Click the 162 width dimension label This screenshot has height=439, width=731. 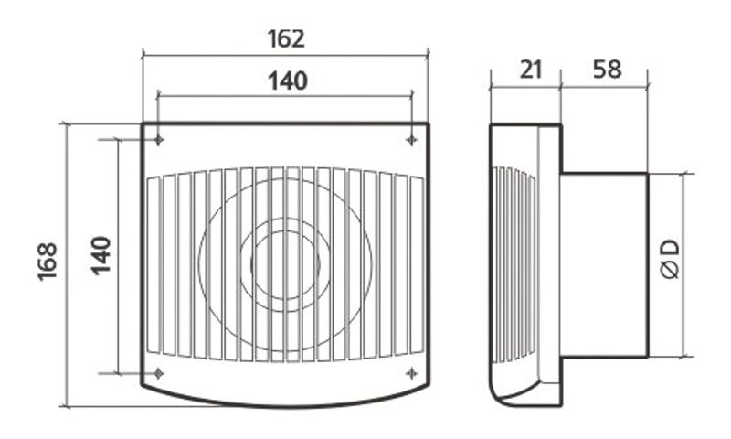point(286,39)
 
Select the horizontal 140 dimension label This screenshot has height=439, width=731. point(288,81)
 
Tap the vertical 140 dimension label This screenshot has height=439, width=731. point(101,256)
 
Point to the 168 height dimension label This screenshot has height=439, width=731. point(48,262)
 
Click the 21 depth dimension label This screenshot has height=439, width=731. point(531,70)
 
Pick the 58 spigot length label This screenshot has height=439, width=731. point(607,69)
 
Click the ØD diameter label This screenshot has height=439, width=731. point(671,260)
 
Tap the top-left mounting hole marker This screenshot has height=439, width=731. point(158,140)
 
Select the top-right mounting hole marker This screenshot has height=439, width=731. point(411,140)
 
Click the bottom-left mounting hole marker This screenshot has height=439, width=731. point(158,373)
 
